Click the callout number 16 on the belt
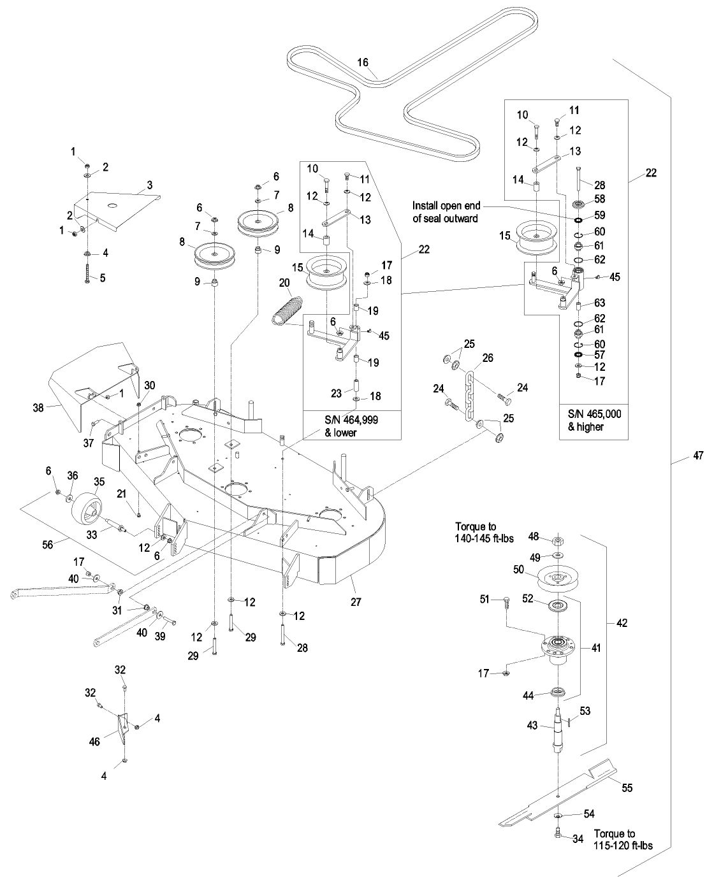click(x=363, y=62)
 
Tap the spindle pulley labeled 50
click(x=557, y=577)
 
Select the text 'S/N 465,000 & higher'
click(x=594, y=420)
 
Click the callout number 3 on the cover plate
click(x=150, y=185)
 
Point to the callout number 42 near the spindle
click(x=622, y=623)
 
